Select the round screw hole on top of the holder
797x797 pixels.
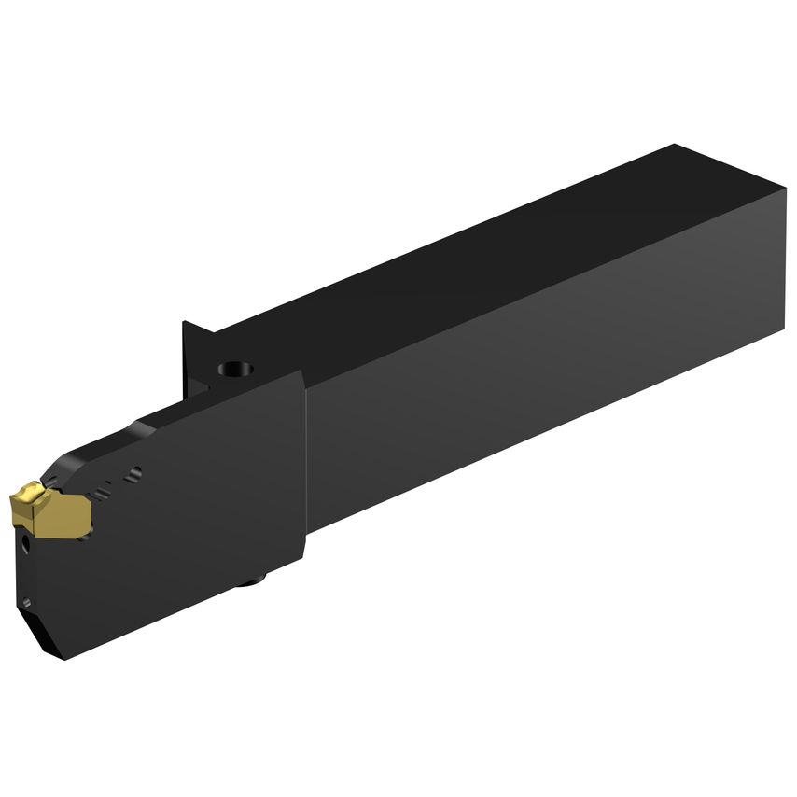click(x=235, y=368)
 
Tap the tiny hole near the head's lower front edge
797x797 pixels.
click(x=25, y=603)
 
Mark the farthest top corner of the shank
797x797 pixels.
click(x=674, y=146)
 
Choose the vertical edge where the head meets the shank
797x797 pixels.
click(x=306, y=467)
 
